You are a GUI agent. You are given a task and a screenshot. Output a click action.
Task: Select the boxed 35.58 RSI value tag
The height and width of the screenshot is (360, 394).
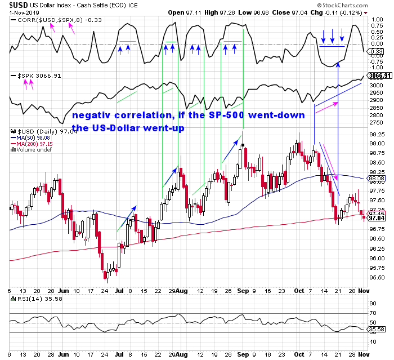pos(374,330)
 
